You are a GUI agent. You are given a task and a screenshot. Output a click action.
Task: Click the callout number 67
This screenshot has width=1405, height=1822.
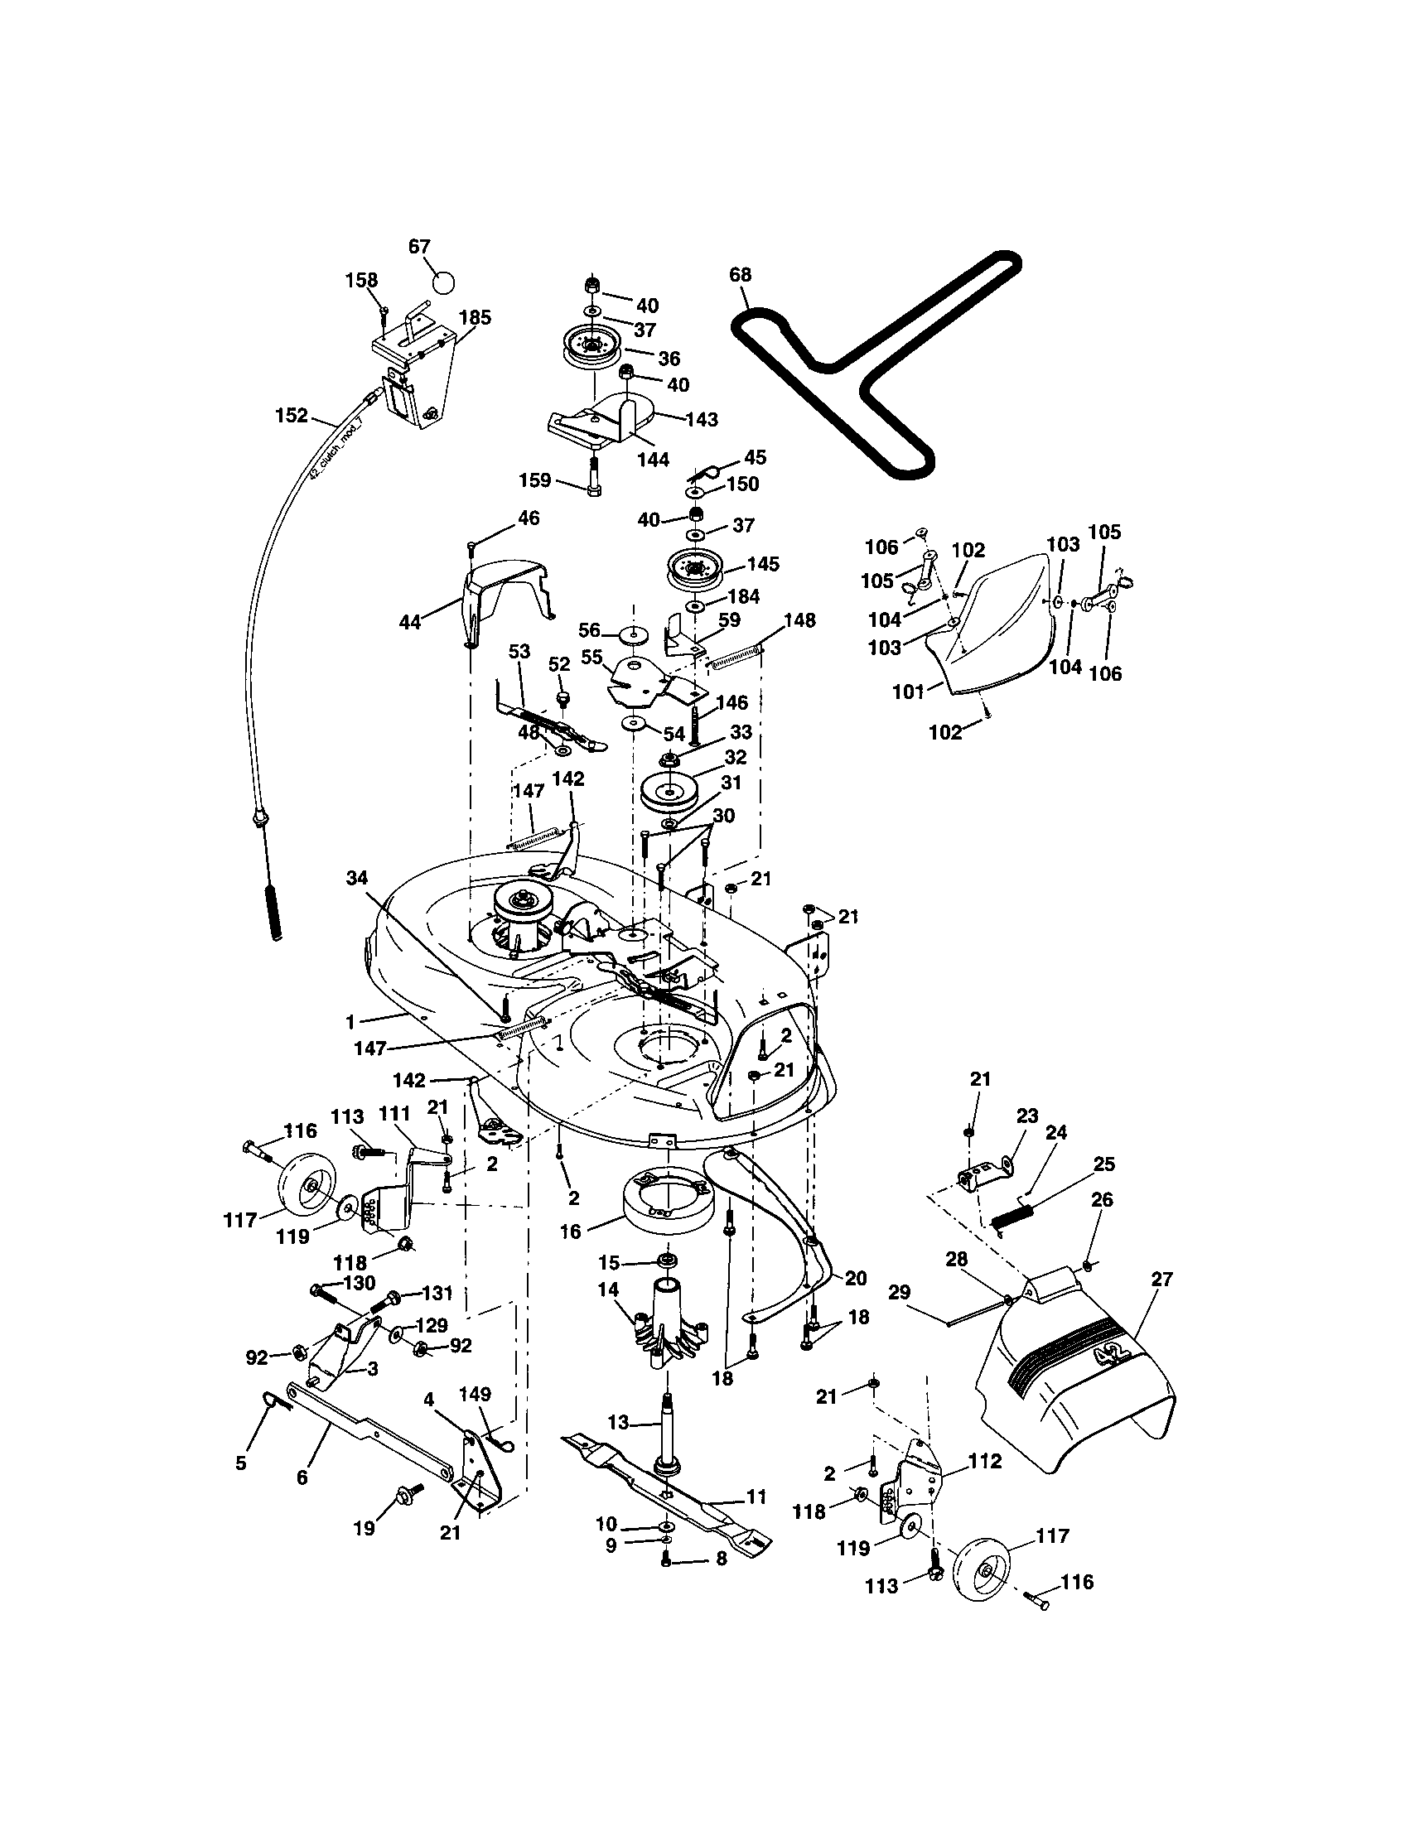419,247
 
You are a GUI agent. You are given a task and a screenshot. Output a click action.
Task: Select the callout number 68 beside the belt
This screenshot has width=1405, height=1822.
740,274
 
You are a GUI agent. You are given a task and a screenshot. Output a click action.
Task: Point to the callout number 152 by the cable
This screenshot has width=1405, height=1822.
291,416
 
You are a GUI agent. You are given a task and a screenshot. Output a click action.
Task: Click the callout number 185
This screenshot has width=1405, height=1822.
475,318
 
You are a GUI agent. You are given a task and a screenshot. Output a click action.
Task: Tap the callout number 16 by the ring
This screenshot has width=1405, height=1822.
570,1232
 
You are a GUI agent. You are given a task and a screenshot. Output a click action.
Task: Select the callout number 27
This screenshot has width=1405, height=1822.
1161,1279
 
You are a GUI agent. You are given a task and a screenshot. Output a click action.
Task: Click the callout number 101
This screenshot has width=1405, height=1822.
910,692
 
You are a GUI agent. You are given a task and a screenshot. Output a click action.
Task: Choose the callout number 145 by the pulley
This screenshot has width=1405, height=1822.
763,564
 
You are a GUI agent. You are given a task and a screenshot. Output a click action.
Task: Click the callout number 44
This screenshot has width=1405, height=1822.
409,622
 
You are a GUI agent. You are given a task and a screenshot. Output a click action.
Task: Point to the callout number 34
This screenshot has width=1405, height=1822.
357,877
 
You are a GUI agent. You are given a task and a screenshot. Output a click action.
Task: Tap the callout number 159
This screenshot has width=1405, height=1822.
534,480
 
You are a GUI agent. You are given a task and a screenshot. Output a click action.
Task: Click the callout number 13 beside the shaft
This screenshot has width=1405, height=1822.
617,1421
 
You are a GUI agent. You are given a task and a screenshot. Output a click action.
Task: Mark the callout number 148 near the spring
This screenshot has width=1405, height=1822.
799,619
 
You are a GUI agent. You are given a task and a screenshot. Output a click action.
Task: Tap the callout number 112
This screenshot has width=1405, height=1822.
984,1462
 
